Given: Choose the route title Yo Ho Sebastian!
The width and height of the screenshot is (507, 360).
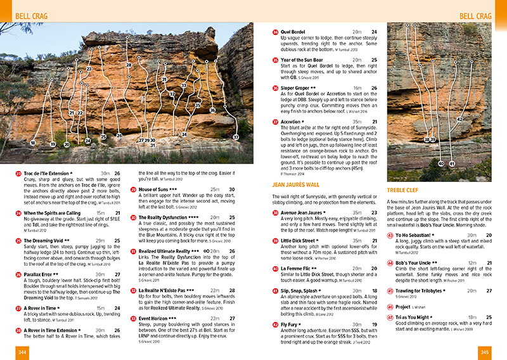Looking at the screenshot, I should click(417, 235).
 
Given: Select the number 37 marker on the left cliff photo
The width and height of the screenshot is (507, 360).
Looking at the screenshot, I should click(236, 137).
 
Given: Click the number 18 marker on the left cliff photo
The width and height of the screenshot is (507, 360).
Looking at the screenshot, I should click(33, 143).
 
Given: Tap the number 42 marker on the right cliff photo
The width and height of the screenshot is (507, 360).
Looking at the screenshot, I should click(459, 119).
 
